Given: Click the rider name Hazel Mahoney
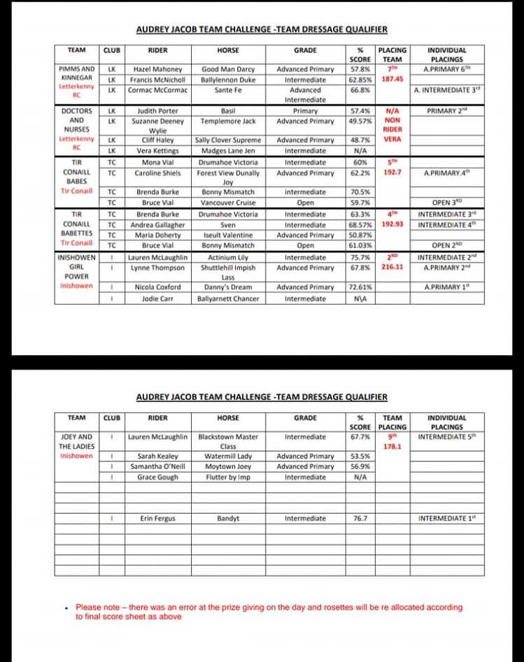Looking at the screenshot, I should (157, 69).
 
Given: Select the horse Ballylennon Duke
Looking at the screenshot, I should (228, 80).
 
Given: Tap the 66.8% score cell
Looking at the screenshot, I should (360, 90).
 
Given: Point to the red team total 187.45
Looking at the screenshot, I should (392, 80).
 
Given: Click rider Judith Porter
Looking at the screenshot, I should (157, 110).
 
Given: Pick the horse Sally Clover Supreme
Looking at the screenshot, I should (228, 140).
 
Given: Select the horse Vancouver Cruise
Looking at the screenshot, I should (228, 203).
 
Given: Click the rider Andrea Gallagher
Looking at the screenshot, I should (157, 224).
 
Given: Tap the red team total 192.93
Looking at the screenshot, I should (392, 224).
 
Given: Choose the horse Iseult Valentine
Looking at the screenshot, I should (228, 235).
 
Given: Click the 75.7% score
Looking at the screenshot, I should (360, 257).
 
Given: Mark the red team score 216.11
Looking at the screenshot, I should (392, 267).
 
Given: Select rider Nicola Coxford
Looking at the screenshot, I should (157, 287).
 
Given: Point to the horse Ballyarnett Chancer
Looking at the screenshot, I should (228, 298).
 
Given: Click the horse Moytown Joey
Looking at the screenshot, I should (228, 466).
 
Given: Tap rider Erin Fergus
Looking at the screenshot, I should (157, 519).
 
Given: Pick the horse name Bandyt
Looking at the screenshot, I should (228, 519).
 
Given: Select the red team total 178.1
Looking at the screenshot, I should (392, 445).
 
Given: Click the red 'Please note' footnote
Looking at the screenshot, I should (269, 612).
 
